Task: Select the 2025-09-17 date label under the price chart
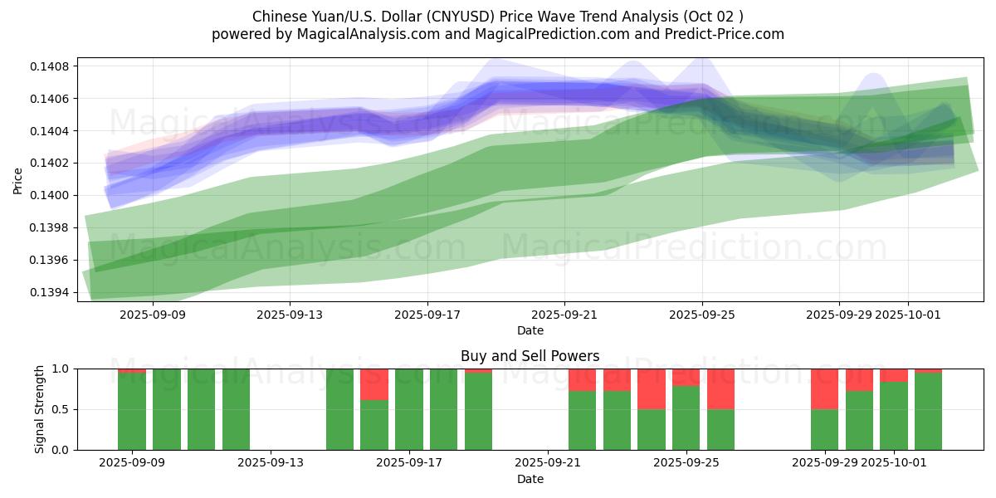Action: (x=427, y=315)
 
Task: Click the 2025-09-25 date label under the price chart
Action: (x=702, y=315)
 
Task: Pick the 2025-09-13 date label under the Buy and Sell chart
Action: (x=271, y=463)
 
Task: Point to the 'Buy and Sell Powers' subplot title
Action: (x=530, y=356)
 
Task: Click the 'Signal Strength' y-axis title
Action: (x=39, y=409)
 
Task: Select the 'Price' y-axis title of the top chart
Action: (x=18, y=179)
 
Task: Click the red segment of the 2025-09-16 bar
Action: (x=374, y=384)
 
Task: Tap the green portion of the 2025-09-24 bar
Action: (x=652, y=429)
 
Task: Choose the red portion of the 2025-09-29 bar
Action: (x=824, y=388)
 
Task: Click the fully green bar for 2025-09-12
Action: (x=236, y=409)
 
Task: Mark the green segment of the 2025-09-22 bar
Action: (x=582, y=420)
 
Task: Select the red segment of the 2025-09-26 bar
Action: (x=720, y=388)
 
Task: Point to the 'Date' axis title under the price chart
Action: (x=530, y=330)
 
